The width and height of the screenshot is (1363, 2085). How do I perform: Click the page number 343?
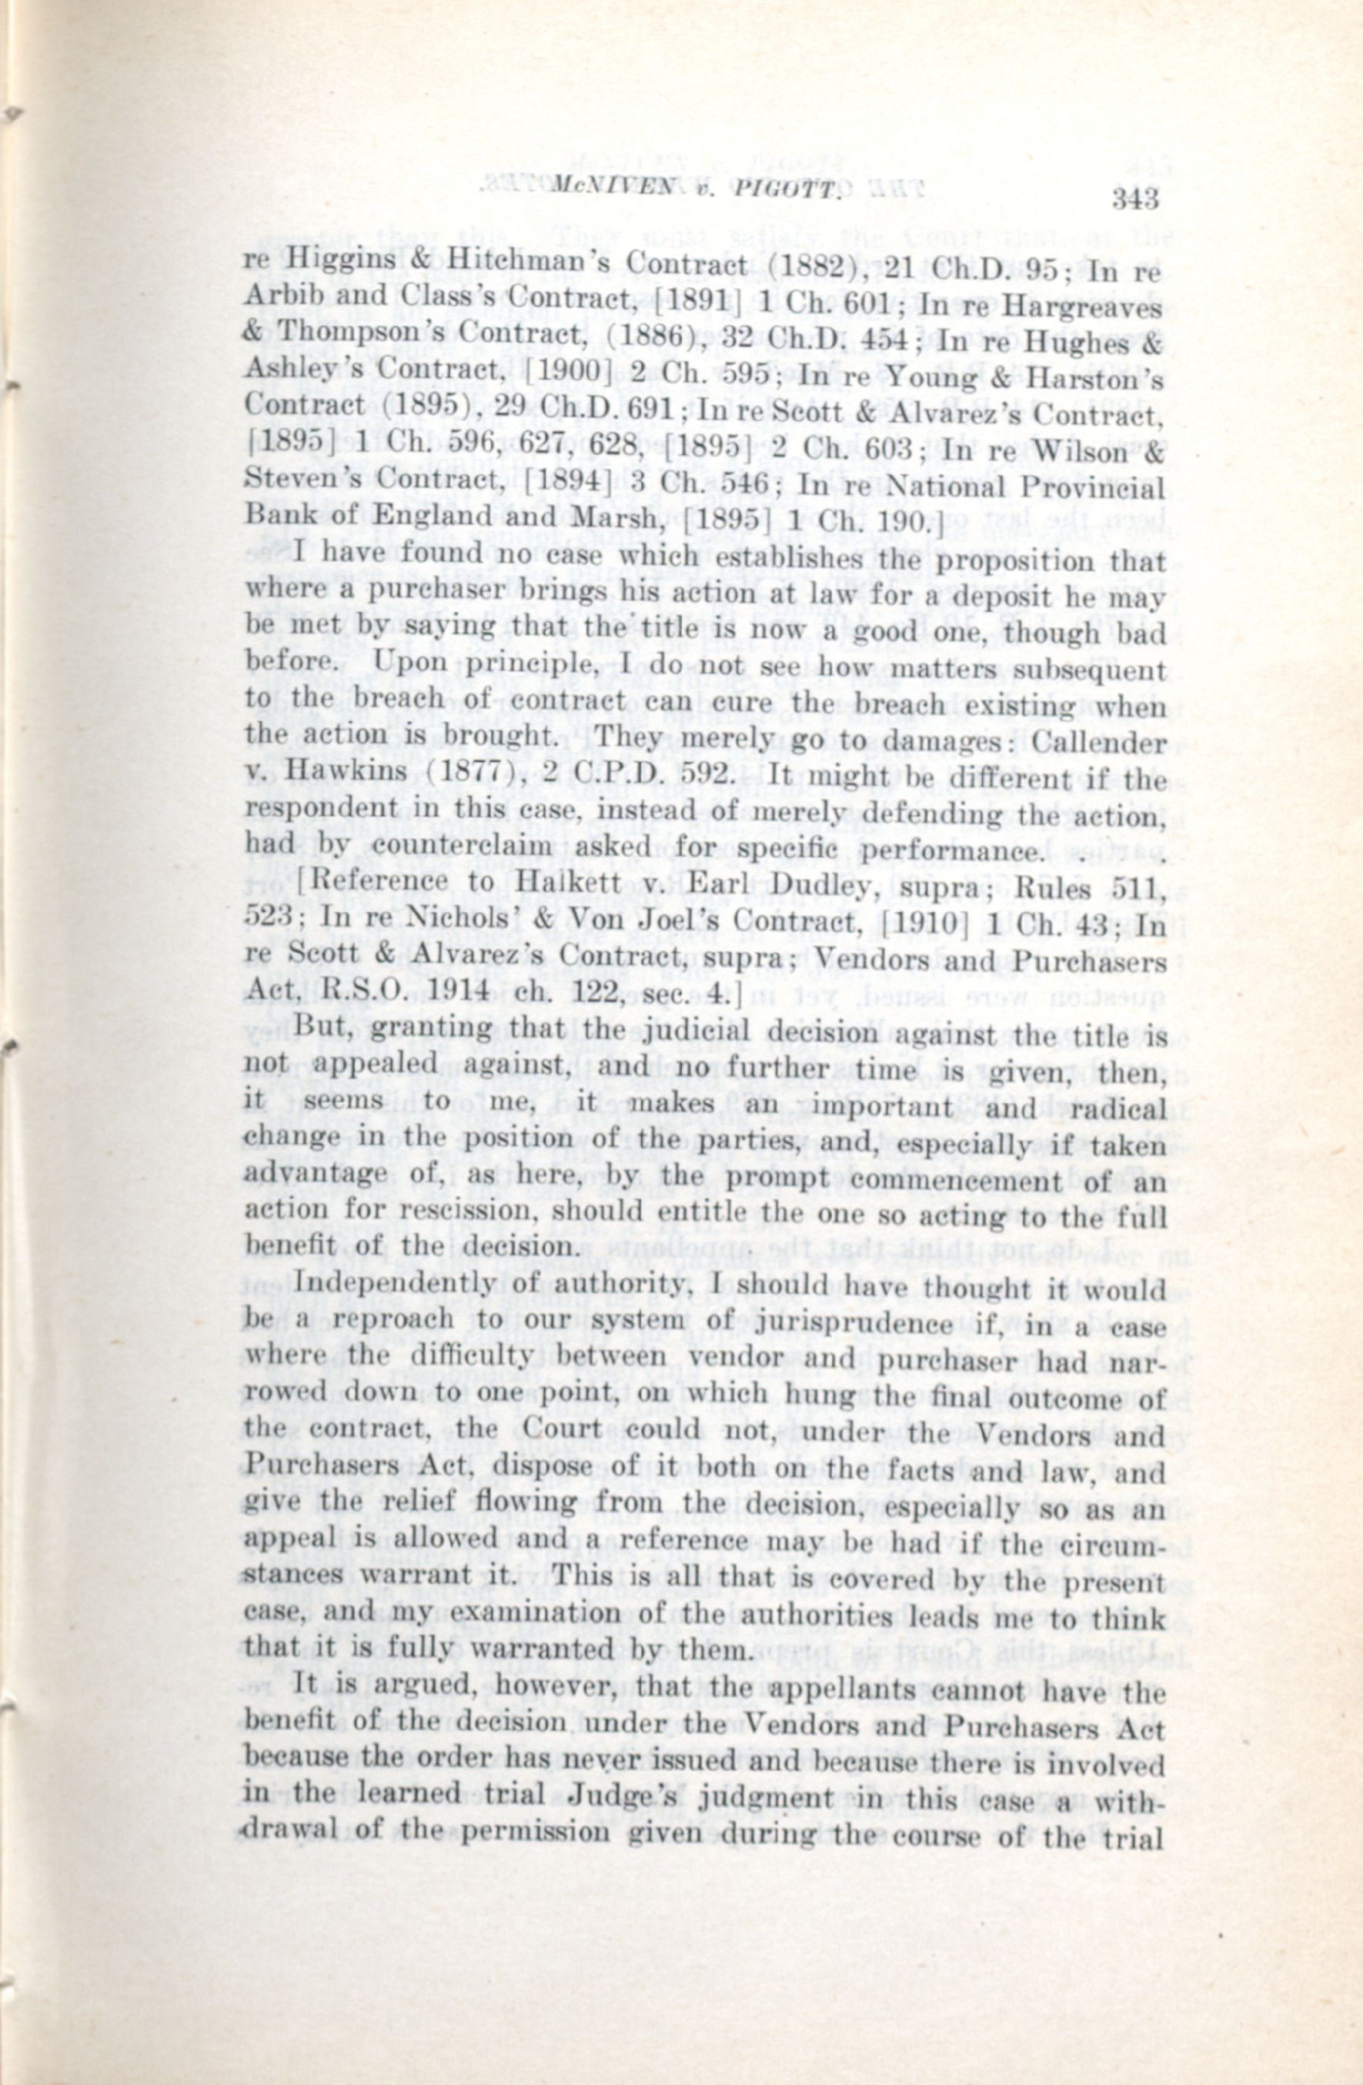click(1134, 198)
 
